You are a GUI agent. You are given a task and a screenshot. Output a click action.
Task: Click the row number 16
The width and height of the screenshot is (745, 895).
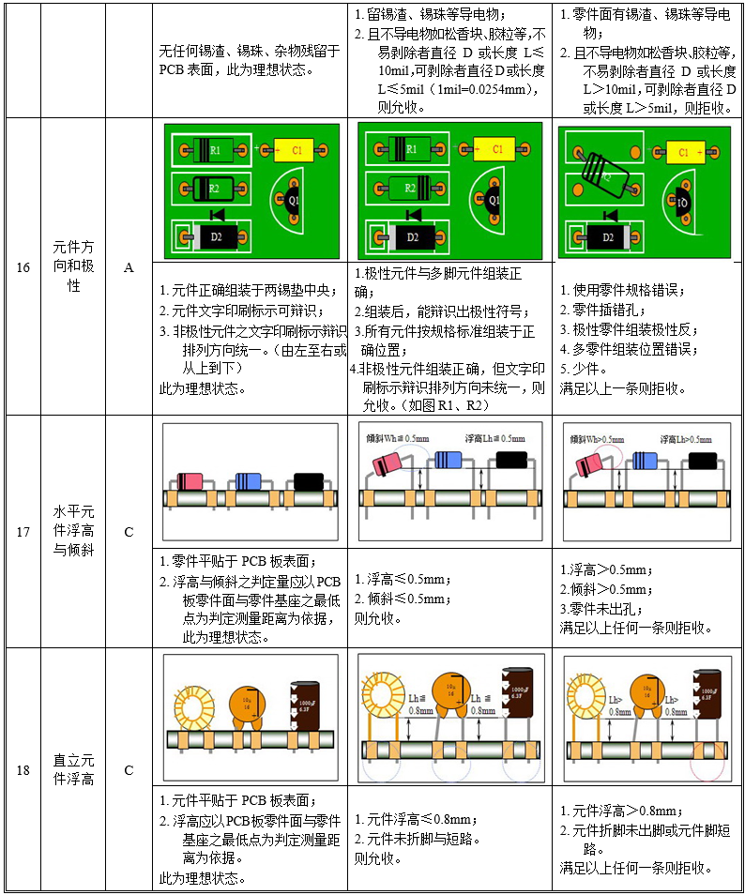click(x=23, y=267)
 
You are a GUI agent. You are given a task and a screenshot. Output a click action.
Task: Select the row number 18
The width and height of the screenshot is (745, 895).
click(x=23, y=770)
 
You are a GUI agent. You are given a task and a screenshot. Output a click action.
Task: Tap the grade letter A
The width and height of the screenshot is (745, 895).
click(x=129, y=267)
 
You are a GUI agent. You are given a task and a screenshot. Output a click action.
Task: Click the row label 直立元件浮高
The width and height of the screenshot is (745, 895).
click(x=73, y=770)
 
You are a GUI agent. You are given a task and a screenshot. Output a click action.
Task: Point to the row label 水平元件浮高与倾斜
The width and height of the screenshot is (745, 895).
click(x=73, y=531)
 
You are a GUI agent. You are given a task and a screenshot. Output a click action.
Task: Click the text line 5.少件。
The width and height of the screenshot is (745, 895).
click(x=585, y=368)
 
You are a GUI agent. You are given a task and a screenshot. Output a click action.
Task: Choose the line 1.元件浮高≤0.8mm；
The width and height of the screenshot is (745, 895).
click(x=423, y=819)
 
